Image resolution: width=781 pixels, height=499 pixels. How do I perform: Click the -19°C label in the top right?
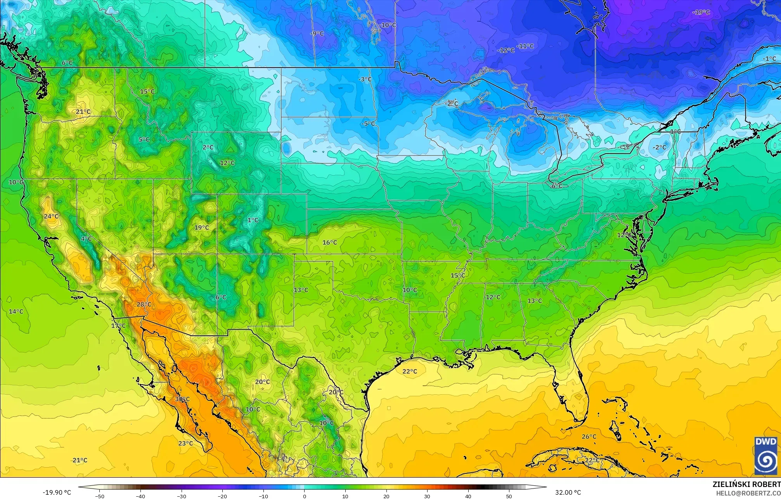tap(701, 12)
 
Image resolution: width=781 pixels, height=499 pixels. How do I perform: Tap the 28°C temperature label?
tap(144, 304)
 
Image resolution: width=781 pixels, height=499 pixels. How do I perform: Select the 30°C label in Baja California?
tap(182, 399)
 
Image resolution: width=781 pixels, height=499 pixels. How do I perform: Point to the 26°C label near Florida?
tap(589, 437)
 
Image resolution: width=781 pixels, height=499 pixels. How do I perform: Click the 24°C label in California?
tap(51, 216)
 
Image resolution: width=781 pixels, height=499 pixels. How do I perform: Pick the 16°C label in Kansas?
tap(330, 243)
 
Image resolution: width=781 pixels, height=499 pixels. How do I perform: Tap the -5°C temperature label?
tap(369, 124)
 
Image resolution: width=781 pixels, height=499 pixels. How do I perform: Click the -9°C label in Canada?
tap(317, 34)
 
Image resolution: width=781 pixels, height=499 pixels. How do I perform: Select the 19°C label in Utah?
tap(202, 228)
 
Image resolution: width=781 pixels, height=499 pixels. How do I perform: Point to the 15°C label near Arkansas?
tap(458, 276)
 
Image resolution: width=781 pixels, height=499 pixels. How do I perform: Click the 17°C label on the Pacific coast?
tap(119, 326)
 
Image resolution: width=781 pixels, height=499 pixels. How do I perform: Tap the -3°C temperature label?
tap(365, 79)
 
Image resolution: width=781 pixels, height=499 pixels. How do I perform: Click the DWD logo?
tap(766, 456)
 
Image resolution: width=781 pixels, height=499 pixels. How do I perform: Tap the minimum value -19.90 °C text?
tap(57, 492)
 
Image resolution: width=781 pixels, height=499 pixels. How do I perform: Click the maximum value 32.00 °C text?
tap(568, 492)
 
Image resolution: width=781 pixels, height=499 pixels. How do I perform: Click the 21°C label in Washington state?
tap(83, 112)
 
